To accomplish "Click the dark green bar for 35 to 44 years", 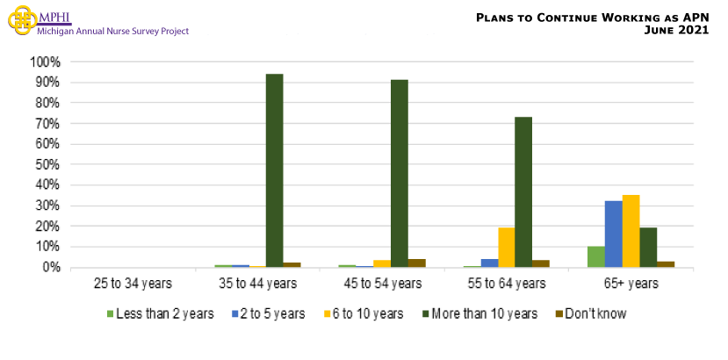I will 274,170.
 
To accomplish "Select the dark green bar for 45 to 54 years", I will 400,173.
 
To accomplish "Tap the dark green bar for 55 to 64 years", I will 523,191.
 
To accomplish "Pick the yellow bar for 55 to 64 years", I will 506,247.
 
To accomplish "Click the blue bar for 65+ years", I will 614,234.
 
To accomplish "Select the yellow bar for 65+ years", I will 631,231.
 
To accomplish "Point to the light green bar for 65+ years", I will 596,256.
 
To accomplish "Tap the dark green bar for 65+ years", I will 648,247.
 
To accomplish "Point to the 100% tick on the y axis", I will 44,62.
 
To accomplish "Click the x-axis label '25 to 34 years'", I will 132,284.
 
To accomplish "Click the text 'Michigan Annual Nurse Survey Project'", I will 112,31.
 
